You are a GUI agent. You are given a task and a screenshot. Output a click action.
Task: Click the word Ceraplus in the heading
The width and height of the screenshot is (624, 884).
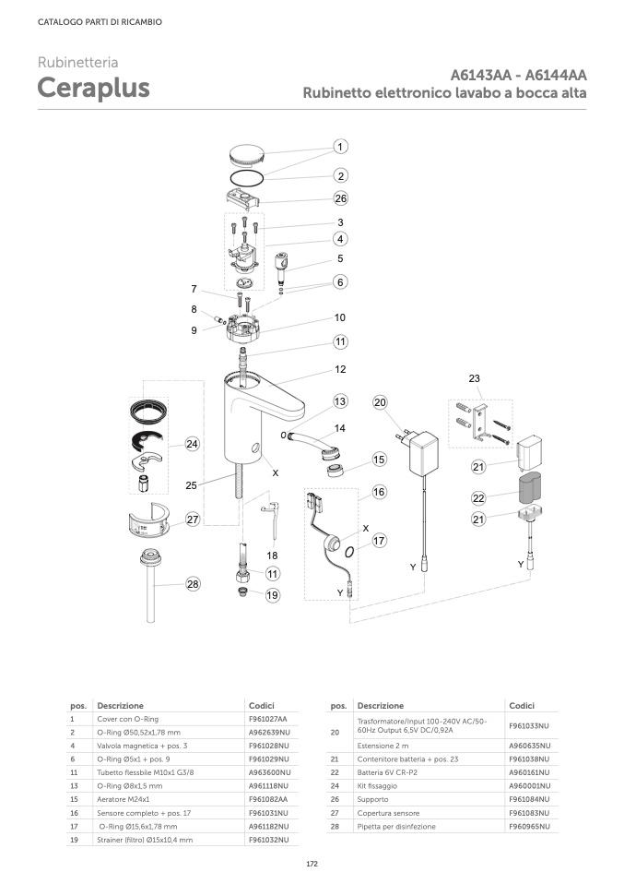[x=93, y=88]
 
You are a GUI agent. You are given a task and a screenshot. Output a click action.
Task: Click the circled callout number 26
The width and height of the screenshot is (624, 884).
[x=341, y=198]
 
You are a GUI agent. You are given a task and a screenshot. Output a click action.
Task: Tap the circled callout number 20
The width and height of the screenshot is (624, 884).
[x=380, y=402]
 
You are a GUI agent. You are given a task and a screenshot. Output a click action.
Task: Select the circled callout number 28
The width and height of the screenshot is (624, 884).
[x=194, y=584]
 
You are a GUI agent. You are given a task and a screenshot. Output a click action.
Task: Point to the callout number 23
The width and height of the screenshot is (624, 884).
[x=474, y=378]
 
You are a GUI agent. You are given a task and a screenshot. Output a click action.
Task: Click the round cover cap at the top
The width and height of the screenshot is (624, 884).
[x=247, y=153]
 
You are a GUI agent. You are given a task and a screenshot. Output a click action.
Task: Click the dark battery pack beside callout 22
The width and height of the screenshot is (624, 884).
[x=529, y=488]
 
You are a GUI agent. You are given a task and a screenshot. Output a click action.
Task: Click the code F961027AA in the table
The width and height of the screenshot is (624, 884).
[x=268, y=719]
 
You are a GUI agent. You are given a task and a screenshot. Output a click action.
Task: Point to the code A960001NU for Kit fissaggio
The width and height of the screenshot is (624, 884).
[x=530, y=786]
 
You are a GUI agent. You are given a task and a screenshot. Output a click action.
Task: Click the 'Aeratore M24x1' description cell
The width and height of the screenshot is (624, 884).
[x=124, y=799]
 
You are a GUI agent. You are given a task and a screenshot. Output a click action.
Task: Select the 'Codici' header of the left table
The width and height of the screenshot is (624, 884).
[x=262, y=705]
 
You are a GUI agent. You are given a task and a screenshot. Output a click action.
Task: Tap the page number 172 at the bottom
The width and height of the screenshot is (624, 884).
[x=312, y=864]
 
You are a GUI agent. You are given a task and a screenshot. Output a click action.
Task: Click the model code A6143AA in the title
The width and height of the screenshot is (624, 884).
[x=481, y=75]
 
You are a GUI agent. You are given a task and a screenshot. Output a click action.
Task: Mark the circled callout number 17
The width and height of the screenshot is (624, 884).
[x=379, y=541]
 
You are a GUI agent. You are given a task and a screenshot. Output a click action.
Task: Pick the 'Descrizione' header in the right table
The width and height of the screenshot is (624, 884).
[x=381, y=705]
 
